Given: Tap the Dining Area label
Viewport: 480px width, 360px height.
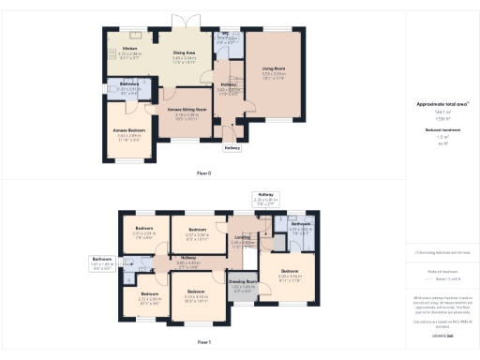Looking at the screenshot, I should (x=184, y=55).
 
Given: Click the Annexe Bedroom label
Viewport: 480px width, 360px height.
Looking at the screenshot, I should (x=127, y=132).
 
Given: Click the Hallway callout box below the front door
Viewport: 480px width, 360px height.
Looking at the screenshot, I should (x=232, y=147).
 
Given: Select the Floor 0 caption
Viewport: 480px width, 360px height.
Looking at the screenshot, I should (x=203, y=173).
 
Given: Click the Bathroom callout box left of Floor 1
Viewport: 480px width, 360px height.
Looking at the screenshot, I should (x=102, y=262).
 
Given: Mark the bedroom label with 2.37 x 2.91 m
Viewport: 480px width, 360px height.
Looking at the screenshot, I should (x=144, y=232).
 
